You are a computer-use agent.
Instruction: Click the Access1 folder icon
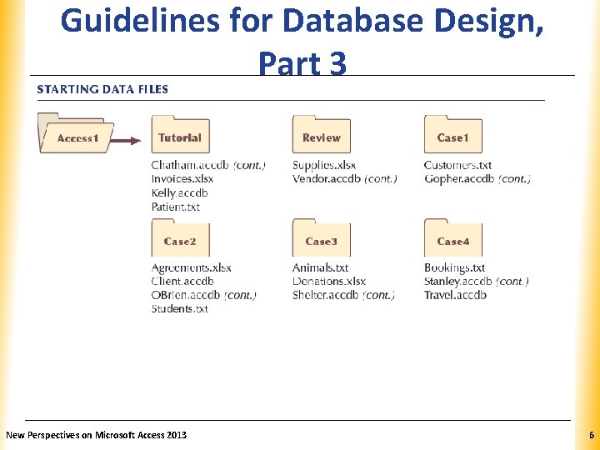click(77, 135)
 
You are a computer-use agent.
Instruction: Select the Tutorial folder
click(180, 135)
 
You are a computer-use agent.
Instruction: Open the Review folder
click(321, 135)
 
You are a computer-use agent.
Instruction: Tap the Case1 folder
click(452, 135)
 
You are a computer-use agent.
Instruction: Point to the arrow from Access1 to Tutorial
click(130, 140)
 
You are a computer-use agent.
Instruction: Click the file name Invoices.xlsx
click(182, 179)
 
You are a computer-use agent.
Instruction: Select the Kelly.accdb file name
click(179, 193)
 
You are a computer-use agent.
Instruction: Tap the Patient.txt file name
click(176, 207)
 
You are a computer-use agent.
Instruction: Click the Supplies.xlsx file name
click(324, 165)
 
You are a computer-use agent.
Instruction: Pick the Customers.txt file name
click(457, 165)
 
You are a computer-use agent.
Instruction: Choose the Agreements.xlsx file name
click(192, 267)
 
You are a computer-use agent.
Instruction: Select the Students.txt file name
click(180, 308)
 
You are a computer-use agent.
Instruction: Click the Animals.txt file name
click(320, 267)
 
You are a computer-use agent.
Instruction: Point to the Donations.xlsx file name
click(329, 282)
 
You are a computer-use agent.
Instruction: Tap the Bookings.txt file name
click(454, 267)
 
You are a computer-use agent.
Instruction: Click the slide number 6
click(591, 435)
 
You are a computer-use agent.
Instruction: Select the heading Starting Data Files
click(102, 89)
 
